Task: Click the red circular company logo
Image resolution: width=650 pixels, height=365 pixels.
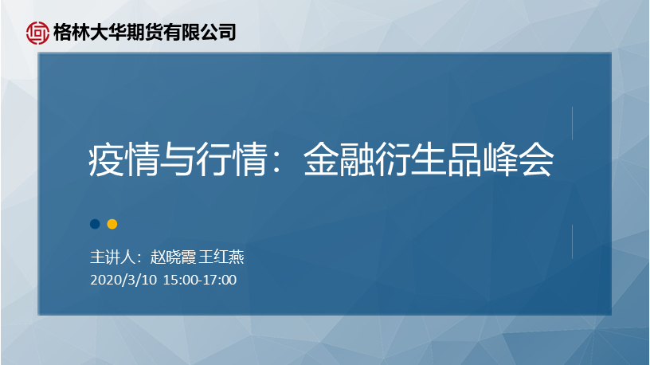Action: click(37, 33)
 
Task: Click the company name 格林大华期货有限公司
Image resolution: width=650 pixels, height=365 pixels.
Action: click(145, 33)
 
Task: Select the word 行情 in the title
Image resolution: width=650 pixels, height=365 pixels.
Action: click(231, 159)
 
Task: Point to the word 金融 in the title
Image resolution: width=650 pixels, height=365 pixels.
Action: click(339, 159)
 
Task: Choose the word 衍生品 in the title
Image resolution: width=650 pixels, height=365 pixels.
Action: click(429, 159)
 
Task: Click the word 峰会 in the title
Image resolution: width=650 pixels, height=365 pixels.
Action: click(519, 159)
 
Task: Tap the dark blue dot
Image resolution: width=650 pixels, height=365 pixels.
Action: click(95, 224)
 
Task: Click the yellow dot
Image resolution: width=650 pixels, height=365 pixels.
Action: click(112, 224)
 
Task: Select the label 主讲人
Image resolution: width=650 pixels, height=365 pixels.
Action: click(113, 257)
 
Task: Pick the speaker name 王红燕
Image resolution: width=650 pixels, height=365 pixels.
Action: click(221, 257)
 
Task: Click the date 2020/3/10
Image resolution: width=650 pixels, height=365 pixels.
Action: click(123, 280)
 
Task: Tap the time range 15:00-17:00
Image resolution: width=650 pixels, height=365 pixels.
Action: click(200, 280)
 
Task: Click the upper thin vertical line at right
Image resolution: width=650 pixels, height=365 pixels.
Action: click(573, 124)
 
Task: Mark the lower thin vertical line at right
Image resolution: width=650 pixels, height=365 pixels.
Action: click(573, 241)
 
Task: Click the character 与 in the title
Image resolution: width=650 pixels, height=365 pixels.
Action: click(178, 159)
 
